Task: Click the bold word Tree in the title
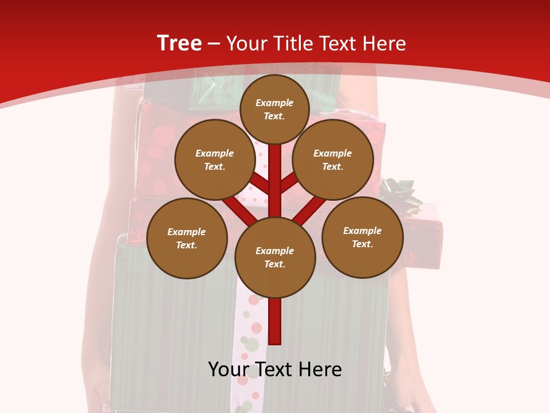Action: pos(179,43)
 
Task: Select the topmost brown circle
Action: pos(274,109)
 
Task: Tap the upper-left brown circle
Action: pos(214,159)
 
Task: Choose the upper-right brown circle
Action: pos(333,159)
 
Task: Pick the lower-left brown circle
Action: pos(187,238)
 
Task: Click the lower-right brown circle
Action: pos(362,237)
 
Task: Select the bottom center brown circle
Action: pos(275,257)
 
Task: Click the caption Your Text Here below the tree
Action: pos(275,369)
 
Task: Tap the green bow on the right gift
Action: pos(401,192)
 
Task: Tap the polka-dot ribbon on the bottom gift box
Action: pos(250,344)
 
